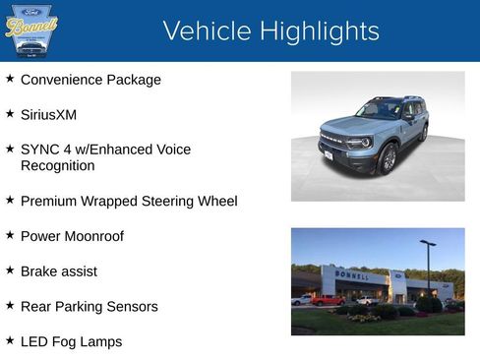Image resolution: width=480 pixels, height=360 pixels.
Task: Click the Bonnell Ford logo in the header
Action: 31,30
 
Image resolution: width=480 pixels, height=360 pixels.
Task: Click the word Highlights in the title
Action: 320,31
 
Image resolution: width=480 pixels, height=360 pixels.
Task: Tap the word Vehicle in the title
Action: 208,31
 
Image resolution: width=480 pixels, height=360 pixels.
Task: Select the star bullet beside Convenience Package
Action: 10,78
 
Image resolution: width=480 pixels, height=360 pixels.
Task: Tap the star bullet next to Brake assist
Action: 10,269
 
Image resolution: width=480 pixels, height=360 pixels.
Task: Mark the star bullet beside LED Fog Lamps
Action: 10,339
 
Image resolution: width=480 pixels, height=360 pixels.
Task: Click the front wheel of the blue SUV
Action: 389,157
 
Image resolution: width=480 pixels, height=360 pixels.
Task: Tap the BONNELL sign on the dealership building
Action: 352,275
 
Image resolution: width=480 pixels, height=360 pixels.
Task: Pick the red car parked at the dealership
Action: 328,300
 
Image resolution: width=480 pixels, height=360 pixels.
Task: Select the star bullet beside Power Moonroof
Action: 10,234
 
